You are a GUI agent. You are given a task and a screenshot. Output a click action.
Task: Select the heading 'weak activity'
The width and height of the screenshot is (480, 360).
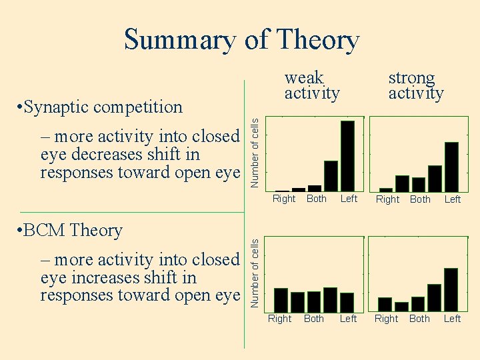click(x=311, y=85)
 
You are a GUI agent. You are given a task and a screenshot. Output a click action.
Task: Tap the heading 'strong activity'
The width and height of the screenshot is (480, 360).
click(x=415, y=85)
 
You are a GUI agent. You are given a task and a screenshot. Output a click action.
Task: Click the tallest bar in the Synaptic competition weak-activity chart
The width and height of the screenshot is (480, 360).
click(x=347, y=156)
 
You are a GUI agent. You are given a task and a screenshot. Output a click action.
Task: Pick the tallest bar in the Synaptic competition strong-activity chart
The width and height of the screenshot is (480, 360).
click(x=451, y=167)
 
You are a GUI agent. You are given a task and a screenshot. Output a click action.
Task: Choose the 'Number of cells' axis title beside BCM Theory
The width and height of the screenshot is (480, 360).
click(x=255, y=273)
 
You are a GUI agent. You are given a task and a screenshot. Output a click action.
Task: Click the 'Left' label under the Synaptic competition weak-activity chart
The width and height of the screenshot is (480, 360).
click(x=349, y=199)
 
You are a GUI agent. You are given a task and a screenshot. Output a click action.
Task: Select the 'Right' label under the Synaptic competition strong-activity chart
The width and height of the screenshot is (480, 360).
click(x=387, y=199)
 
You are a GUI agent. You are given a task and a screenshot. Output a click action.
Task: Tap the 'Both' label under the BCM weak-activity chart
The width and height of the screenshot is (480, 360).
click(x=314, y=319)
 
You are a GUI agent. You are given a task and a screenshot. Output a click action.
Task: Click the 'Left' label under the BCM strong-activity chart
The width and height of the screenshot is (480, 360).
click(x=452, y=319)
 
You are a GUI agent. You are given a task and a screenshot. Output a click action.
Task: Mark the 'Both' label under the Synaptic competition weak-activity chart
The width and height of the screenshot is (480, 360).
click(x=316, y=199)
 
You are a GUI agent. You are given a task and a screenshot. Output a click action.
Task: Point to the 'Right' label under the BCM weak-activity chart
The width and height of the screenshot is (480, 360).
click(x=280, y=319)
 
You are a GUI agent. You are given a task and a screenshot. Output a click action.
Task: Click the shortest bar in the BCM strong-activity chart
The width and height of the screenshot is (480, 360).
click(x=401, y=307)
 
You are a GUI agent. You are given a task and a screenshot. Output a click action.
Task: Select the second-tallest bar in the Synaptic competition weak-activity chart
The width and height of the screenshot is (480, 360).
click(x=331, y=176)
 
